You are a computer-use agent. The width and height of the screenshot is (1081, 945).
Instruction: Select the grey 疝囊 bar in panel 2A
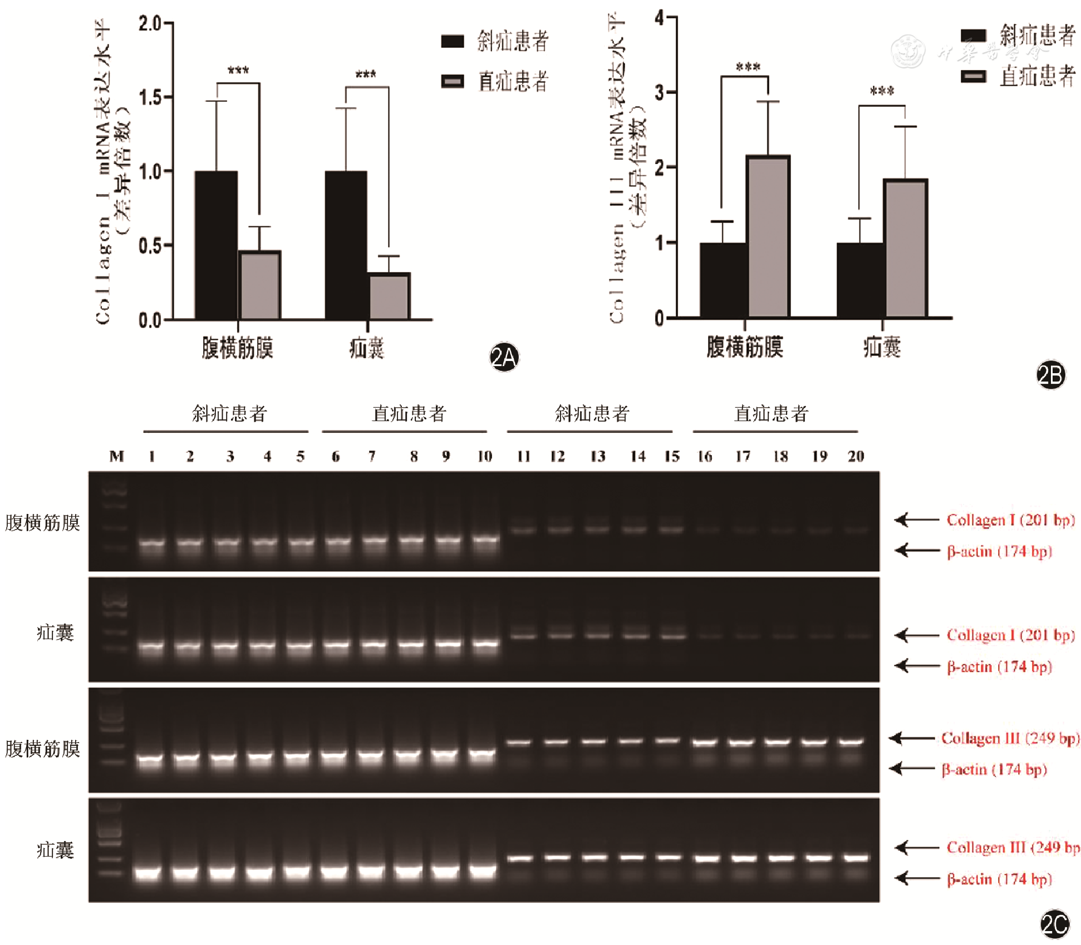pos(390,296)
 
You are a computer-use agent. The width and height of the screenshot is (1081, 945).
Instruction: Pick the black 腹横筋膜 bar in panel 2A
pos(216,245)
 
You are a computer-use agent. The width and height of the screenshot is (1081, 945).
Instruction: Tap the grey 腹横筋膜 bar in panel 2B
pos(768,236)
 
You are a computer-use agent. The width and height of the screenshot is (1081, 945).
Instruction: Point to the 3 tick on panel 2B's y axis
pos(660,92)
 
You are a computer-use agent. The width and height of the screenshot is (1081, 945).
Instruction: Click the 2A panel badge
pos(504,357)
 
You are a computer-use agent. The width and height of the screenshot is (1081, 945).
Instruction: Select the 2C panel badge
pos(1054,924)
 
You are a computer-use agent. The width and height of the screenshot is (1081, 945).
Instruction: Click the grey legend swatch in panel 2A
pos(453,81)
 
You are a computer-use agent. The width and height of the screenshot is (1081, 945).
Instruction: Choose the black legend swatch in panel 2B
pos(974,36)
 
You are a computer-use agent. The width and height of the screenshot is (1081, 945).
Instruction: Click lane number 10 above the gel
pos(485,457)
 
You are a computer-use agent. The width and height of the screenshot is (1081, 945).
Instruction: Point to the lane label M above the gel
pos(116,457)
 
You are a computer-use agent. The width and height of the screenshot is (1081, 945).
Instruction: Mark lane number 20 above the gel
pos(856,457)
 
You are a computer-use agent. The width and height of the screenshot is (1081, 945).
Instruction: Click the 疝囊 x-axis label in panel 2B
pos(882,347)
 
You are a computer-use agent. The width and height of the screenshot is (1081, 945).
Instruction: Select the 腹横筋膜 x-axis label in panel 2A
pos(237,348)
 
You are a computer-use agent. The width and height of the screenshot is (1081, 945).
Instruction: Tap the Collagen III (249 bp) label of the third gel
pos(1010,738)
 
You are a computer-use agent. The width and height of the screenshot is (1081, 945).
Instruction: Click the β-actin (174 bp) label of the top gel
pos(999,551)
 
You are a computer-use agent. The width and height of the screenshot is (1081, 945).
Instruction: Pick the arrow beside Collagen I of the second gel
pos(916,635)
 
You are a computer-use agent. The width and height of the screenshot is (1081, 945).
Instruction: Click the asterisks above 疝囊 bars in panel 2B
pos(882,91)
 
